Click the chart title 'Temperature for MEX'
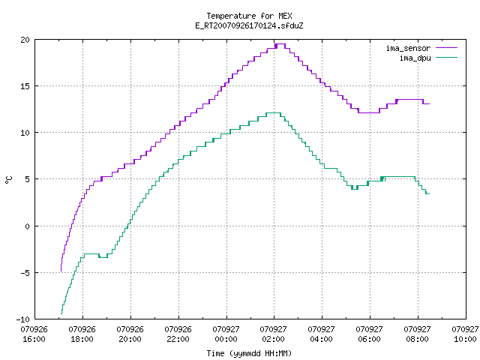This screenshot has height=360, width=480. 249,16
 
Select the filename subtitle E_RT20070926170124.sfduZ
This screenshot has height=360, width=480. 249,25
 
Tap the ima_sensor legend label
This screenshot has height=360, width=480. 408,48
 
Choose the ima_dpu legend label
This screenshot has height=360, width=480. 415,58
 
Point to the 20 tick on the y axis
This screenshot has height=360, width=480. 25,40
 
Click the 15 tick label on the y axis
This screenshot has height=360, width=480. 25,86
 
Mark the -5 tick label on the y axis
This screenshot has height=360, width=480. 23,273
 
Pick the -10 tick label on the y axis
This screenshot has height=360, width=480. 23,319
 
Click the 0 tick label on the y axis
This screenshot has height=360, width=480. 28,226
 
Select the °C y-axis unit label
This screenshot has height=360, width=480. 8,180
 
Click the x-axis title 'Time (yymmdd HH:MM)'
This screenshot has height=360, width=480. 249,353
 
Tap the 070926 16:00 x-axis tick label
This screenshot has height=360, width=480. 34,334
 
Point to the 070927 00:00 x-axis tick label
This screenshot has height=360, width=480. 226,334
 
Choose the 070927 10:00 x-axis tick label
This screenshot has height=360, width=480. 465,334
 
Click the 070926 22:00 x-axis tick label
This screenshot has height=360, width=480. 178,334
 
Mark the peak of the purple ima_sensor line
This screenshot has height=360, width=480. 280,44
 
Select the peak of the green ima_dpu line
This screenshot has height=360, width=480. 273,113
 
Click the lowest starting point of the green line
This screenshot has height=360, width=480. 61,313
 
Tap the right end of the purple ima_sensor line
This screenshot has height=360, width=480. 430,103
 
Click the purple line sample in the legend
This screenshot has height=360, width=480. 447,48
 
